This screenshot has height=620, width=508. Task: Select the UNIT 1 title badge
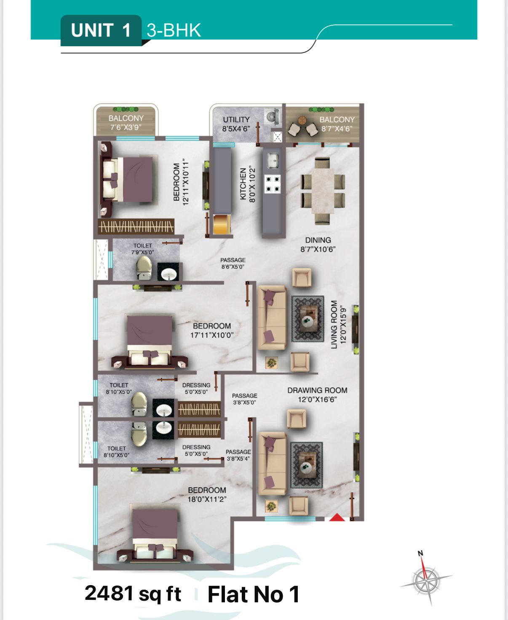coord(101,30)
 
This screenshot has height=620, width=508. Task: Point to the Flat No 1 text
coord(254,594)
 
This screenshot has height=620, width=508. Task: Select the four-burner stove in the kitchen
coord(273,184)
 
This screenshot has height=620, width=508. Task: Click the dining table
coord(323,191)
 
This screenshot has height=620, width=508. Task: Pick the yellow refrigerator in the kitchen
coord(222,224)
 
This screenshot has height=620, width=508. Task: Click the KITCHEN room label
coord(243,184)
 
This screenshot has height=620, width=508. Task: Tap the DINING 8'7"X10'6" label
coord(318,244)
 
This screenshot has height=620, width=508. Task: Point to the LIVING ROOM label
coord(334,325)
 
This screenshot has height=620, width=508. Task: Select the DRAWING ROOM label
coord(318,390)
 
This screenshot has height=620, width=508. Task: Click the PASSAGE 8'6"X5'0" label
coord(233,263)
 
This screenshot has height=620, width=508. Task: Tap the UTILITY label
coord(236,119)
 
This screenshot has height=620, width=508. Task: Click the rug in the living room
coord(307,319)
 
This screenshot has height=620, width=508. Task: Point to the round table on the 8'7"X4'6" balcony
coord(302,120)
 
